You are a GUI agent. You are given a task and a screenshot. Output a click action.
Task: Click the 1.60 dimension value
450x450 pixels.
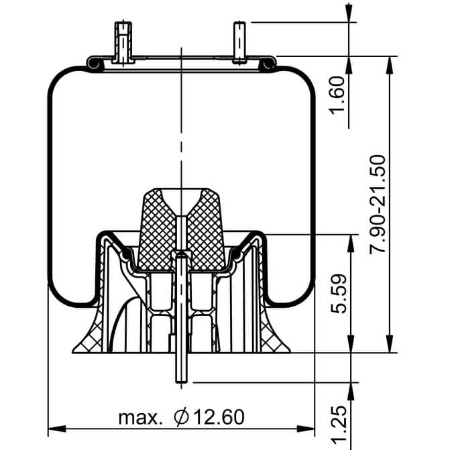tap(337, 95)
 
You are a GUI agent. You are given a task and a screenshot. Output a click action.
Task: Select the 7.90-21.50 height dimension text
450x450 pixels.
tap(377, 204)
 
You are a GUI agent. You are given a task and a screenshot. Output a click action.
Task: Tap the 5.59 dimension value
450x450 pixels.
tap(339, 294)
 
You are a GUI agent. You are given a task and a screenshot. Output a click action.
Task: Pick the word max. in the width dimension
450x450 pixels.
tap(140, 418)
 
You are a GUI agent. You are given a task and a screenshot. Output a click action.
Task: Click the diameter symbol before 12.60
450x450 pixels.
tap(181, 417)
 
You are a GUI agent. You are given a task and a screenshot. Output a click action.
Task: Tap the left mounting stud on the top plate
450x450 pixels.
tap(123, 42)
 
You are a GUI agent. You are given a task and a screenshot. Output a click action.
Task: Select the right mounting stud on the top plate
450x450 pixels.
tap(239, 42)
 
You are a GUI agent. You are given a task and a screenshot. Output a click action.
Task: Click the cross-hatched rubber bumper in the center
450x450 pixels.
tap(181, 229)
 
